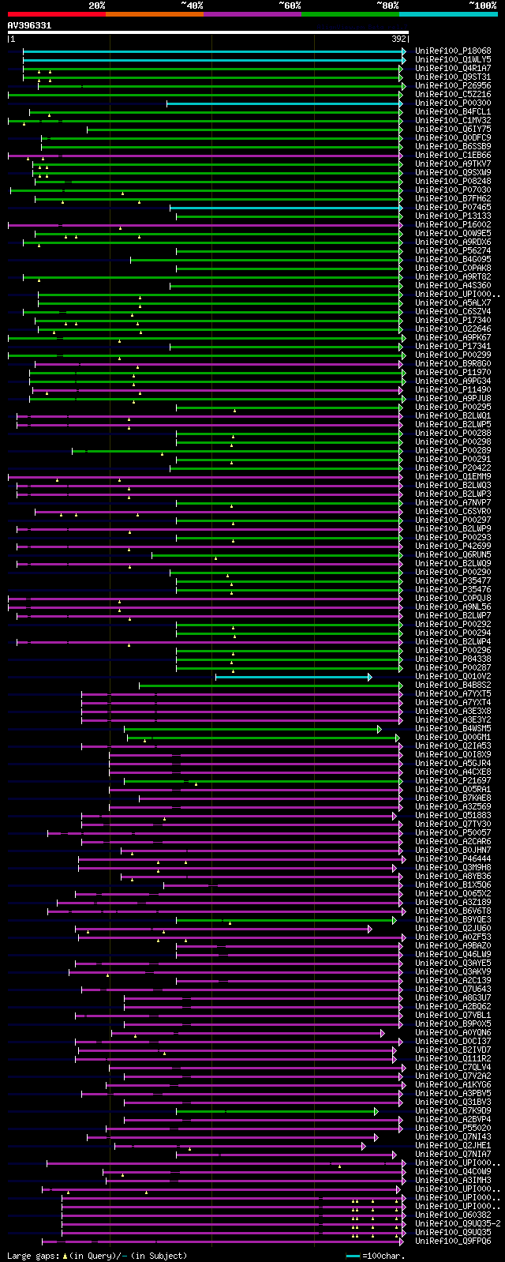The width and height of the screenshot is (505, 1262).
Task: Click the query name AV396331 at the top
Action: (x=29, y=25)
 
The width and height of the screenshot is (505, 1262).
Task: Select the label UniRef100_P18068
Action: (x=453, y=51)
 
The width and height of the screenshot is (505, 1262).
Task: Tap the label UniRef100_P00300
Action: (x=453, y=103)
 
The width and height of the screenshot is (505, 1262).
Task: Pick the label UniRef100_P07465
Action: (x=453, y=207)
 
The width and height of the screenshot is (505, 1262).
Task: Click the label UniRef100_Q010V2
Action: (x=453, y=677)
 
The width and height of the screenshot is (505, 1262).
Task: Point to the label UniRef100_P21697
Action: (x=453, y=781)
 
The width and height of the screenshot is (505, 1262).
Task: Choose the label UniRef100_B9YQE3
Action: (x=453, y=920)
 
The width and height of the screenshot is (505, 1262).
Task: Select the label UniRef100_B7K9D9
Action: (x=453, y=1111)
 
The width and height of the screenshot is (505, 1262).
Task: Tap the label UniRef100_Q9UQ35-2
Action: (x=458, y=1224)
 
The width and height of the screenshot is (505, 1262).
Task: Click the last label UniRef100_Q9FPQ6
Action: (x=453, y=1241)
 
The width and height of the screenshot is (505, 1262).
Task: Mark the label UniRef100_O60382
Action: (x=453, y=1215)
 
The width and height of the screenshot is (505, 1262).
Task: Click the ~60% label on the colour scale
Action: (x=290, y=6)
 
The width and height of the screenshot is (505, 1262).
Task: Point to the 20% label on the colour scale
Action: (x=96, y=6)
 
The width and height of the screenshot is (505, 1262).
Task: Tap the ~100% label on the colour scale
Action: (x=482, y=6)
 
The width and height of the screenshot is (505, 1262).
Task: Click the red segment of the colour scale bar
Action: (x=56, y=14)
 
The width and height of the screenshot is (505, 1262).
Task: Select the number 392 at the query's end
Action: (x=398, y=38)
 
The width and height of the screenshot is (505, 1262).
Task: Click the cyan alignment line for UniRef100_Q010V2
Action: (x=292, y=677)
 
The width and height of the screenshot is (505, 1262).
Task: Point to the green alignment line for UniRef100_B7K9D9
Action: (x=276, y=1111)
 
